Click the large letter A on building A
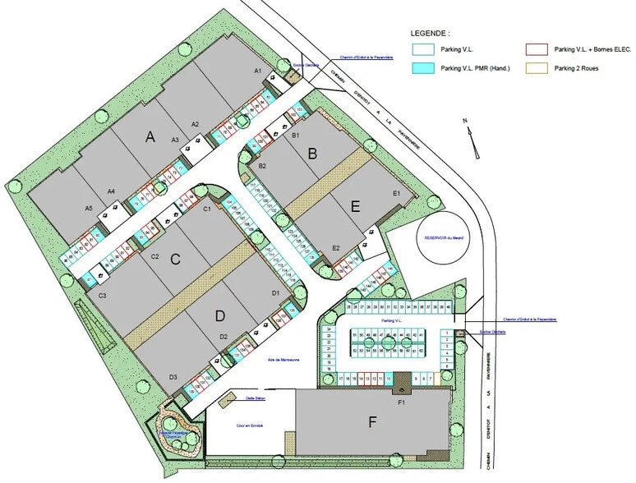tap(150, 137)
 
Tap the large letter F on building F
tap(372, 423)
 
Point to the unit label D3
tap(173, 377)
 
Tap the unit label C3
tap(102, 295)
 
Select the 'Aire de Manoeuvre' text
tap(265, 360)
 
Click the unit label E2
tap(336, 248)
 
